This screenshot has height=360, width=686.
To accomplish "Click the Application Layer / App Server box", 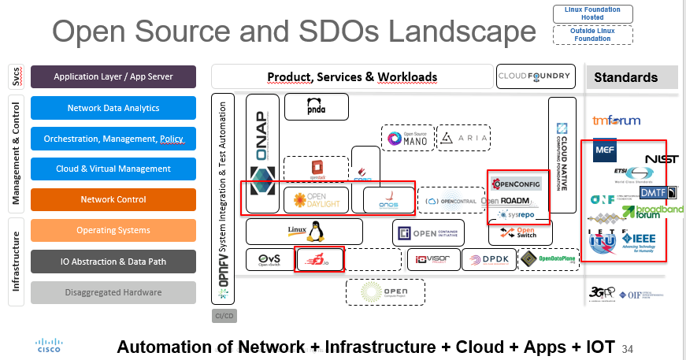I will click(113, 76).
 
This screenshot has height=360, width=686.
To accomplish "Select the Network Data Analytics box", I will click(113, 108).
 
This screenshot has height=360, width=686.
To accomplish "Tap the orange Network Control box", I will click(113, 199).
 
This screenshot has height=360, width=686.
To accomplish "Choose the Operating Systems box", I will click(113, 230).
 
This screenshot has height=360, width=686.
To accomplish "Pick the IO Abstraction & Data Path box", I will click(113, 262).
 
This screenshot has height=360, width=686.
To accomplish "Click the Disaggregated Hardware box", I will click(113, 292).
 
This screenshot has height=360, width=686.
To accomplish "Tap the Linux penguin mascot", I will click(317, 231).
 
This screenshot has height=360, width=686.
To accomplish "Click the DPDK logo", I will click(488, 259).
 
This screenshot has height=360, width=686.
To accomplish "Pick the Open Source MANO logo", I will click(407, 139).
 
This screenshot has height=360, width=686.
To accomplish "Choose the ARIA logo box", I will click(463, 139).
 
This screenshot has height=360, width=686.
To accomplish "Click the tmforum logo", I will click(616, 121).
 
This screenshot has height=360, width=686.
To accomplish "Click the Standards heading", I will click(625, 77).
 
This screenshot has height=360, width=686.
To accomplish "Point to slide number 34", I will click(627, 348).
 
